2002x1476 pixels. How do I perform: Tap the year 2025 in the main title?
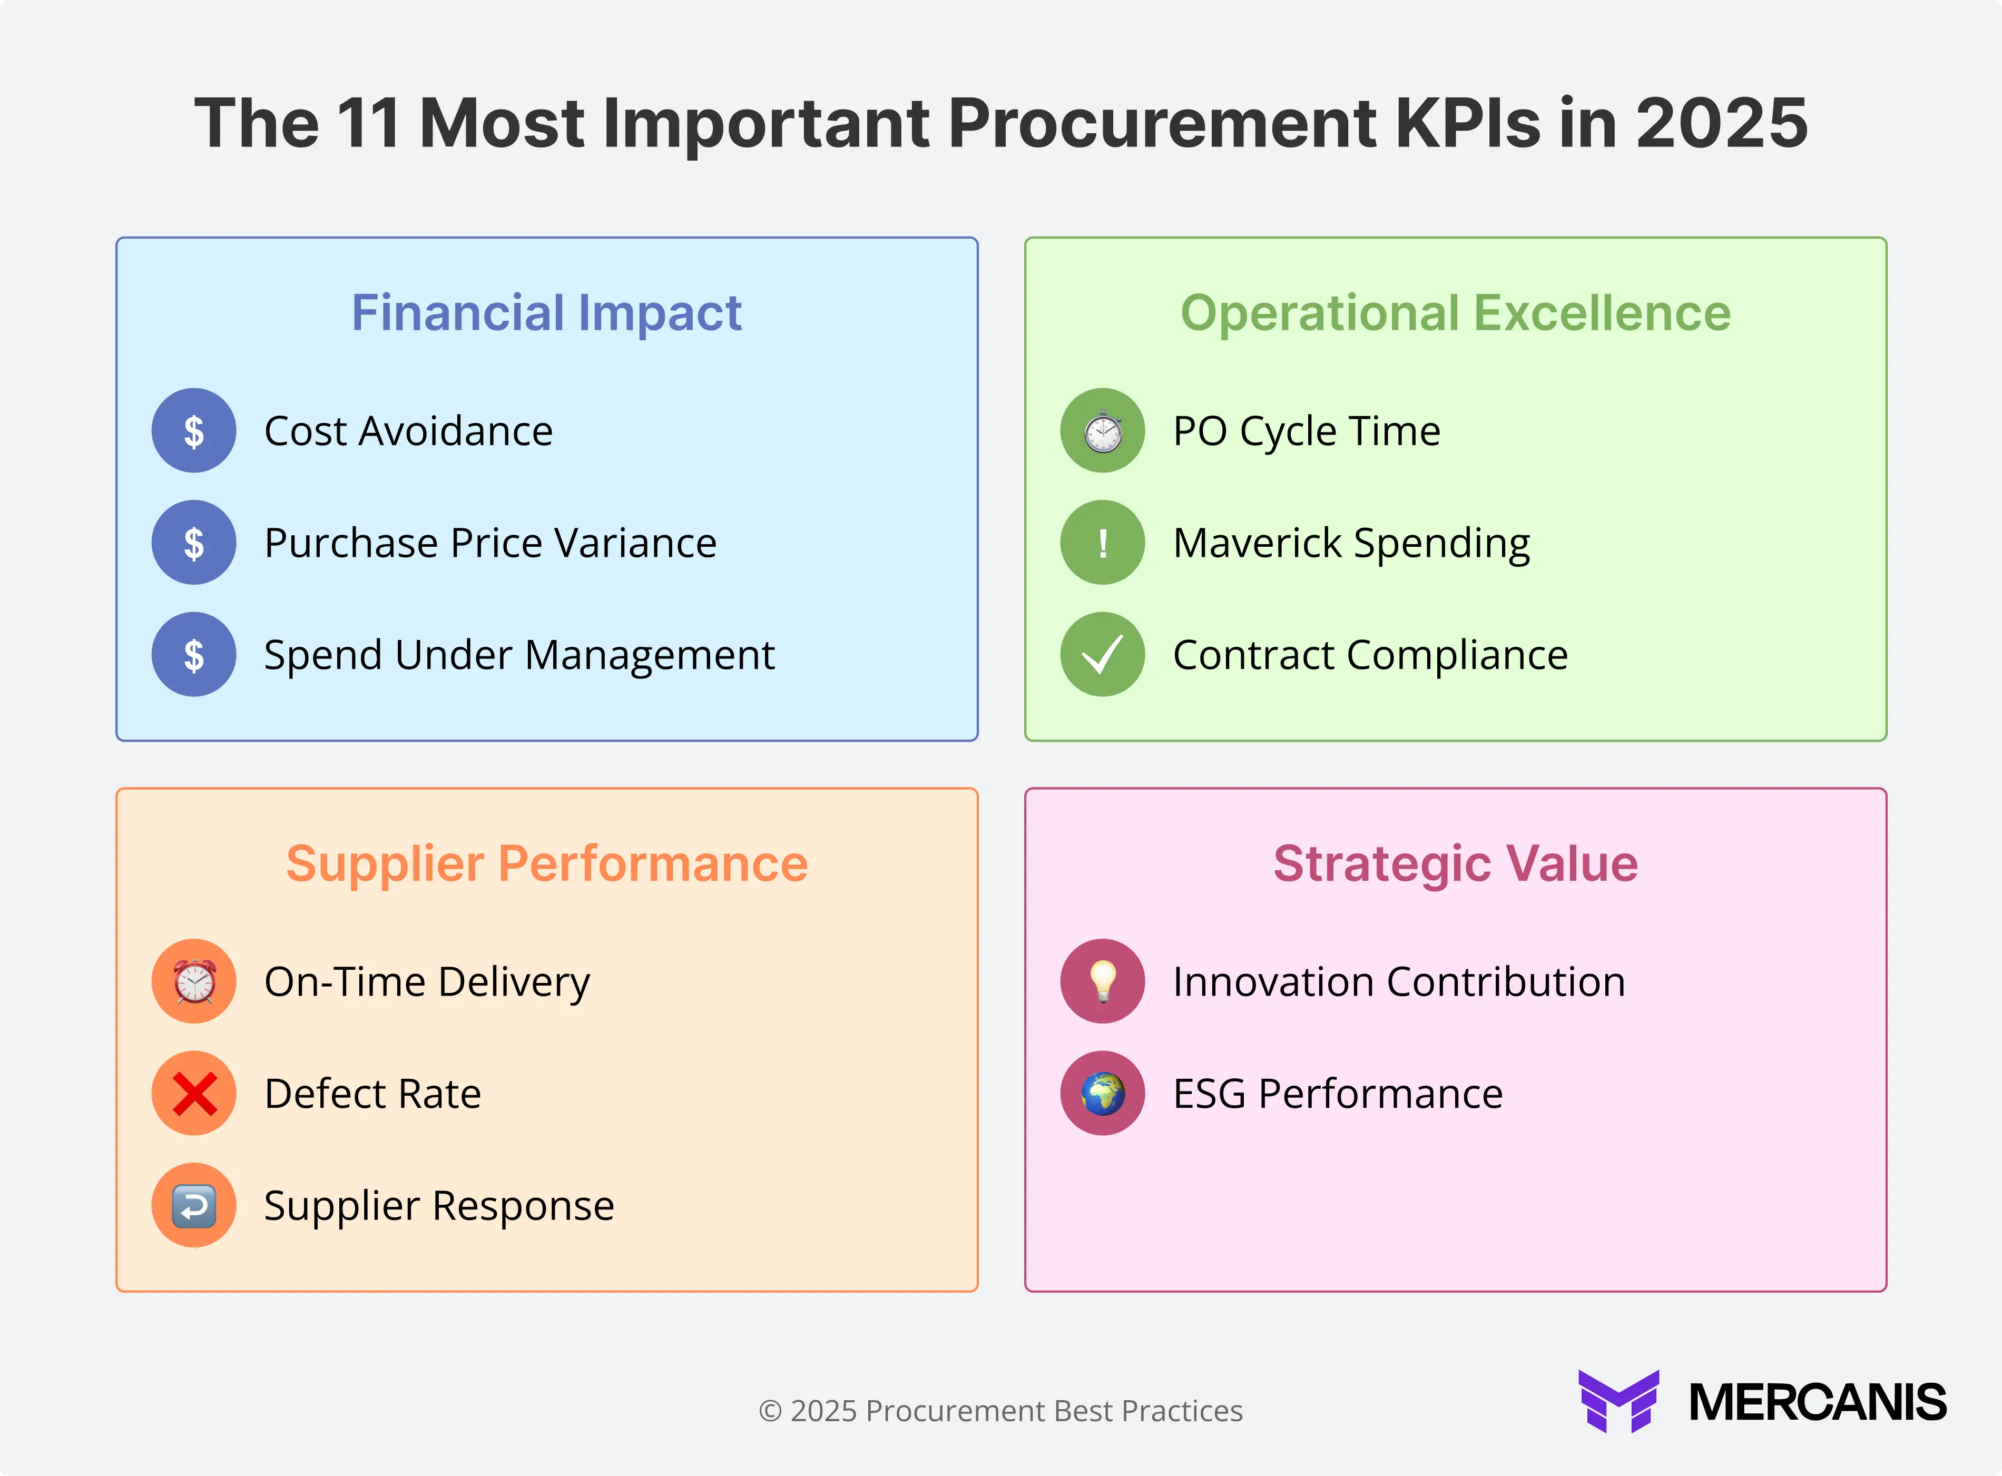[1721, 123]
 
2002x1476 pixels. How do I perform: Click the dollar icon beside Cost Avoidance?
[194, 431]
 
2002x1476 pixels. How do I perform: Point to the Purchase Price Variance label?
[490, 543]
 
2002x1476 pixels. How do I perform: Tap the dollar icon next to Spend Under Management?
[194, 654]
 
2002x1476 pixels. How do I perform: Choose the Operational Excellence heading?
[1455, 313]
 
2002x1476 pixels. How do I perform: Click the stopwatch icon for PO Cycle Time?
[1102, 431]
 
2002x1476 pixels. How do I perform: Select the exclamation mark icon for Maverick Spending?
[1102, 543]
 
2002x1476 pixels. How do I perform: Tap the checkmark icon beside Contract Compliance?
[1102, 654]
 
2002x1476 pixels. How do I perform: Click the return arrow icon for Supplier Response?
[194, 1205]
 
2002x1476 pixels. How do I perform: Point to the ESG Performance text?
[1337, 1094]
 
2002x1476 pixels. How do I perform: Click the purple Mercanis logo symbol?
[1618, 1401]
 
